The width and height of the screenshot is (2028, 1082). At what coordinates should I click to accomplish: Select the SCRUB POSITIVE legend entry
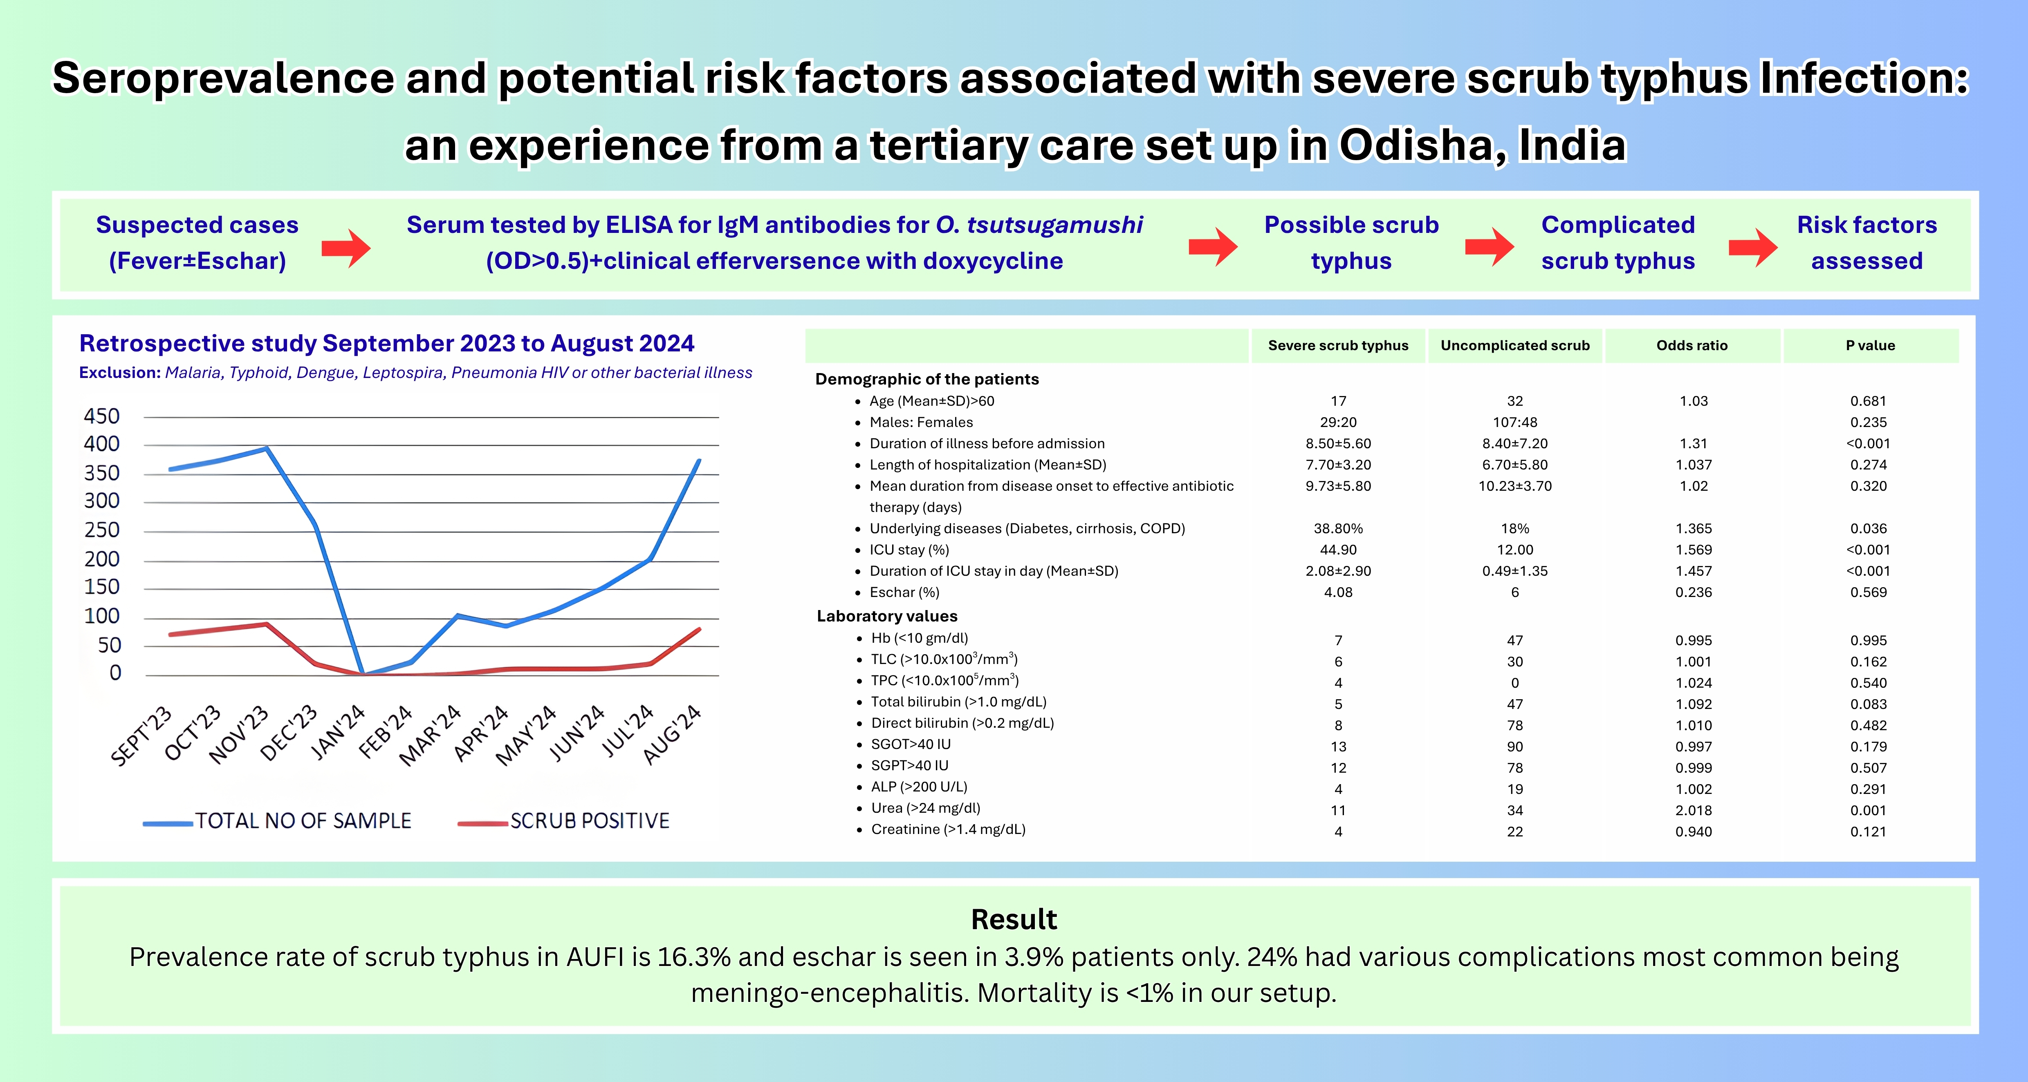[x=564, y=821]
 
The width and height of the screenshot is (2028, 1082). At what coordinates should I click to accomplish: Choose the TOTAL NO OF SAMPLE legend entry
[x=277, y=821]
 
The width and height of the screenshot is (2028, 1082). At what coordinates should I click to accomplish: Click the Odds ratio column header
[x=1692, y=345]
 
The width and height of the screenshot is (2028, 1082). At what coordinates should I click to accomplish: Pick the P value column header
[x=1871, y=345]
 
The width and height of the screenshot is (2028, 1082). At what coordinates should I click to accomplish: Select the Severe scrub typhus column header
[x=1338, y=345]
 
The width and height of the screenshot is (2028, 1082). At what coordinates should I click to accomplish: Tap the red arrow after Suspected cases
[x=346, y=248]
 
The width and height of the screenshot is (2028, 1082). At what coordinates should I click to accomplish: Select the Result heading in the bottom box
[x=1014, y=919]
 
